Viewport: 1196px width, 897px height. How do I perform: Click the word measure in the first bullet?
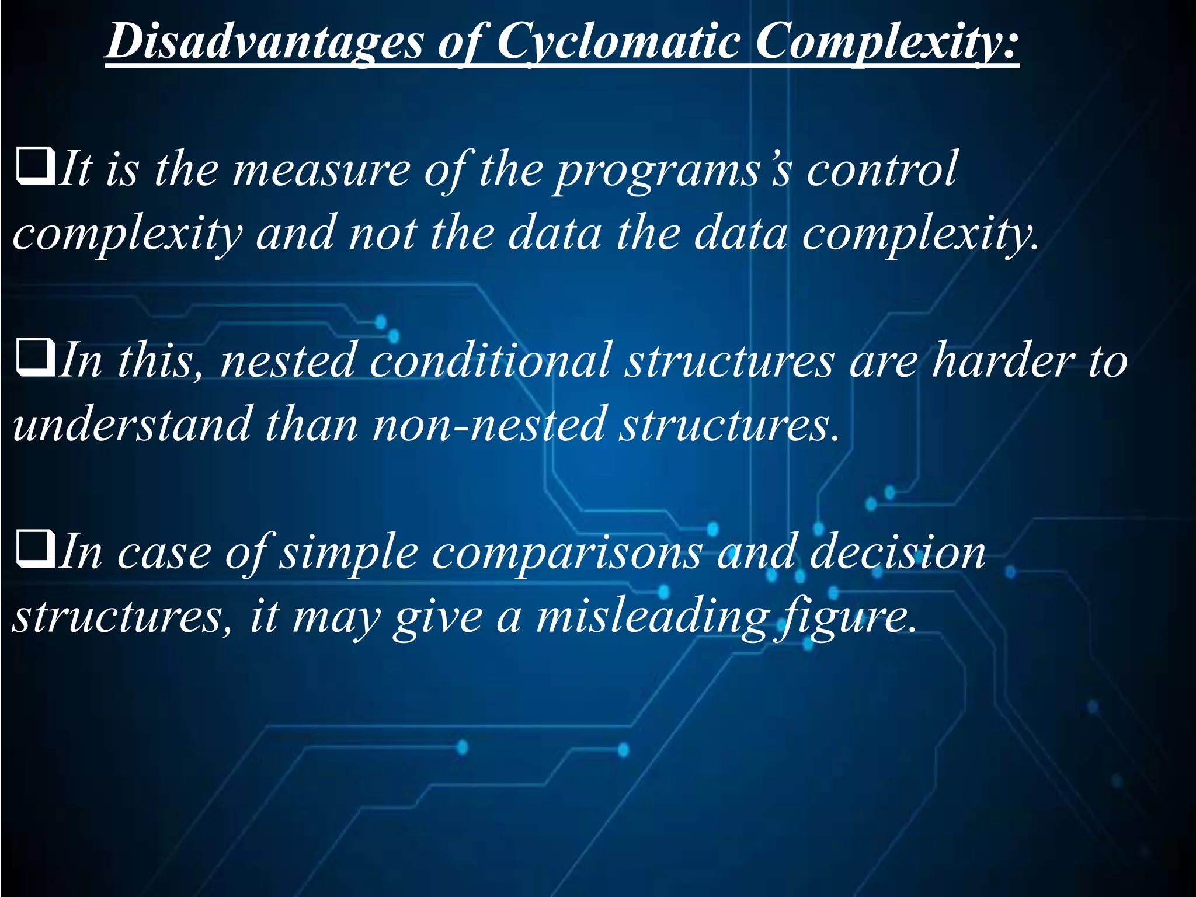tap(322, 169)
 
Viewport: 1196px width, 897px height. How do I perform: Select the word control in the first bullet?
tap(882, 169)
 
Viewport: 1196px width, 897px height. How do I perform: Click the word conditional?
tap(491, 360)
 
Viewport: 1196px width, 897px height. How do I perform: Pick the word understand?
tap(132, 425)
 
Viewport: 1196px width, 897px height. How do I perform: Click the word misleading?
tap(651, 617)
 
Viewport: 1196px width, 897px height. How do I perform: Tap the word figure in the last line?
tap(844, 617)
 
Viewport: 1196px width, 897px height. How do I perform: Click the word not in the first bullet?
tap(383, 234)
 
